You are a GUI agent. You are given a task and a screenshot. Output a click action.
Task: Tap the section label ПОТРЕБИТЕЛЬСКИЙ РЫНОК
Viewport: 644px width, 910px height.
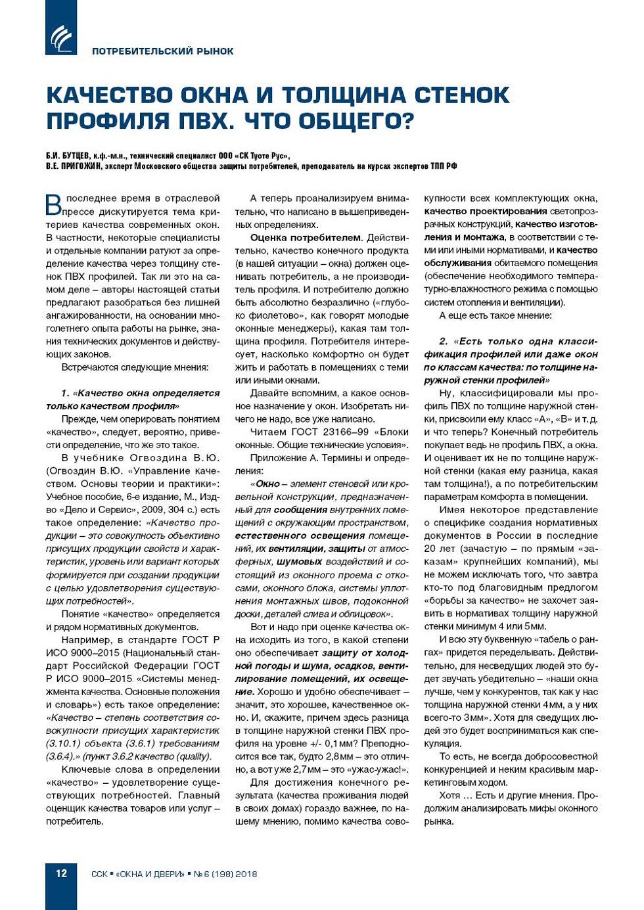162,51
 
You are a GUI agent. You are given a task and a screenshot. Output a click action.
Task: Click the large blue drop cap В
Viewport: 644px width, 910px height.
54,204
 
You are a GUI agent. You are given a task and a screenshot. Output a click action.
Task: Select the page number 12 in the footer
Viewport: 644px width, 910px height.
61,873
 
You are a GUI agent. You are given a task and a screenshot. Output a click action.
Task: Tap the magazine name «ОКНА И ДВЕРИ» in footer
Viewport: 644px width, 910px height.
150,874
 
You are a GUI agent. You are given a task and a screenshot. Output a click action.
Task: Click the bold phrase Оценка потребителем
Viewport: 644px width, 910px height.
306,237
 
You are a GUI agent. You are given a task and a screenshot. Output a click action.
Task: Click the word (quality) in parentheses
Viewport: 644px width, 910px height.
195,756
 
